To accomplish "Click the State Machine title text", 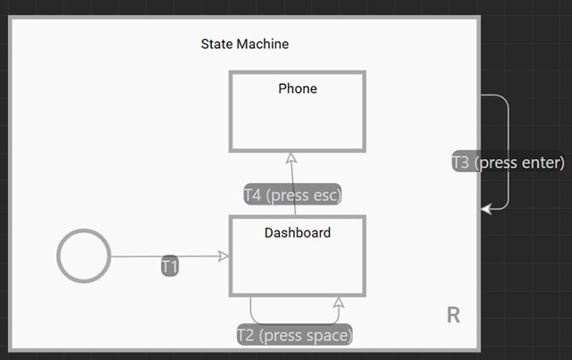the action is (x=245, y=44).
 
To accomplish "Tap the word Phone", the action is (x=298, y=88).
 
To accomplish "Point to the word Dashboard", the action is (x=298, y=233).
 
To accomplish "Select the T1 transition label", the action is (x=170, y=266).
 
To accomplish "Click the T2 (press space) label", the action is (x=295, y=335).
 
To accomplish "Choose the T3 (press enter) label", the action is (x=509, y=163).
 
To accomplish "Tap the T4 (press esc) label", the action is (x=292, y=195).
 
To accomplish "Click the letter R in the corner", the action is (x=453, y=315).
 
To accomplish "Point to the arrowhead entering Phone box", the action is (x=291, y=157).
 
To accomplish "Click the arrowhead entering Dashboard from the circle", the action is (x=223, y=256).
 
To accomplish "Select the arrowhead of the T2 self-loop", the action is (x=339, y=302).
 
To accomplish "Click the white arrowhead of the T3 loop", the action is (x=486, y=209).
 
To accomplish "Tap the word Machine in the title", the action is (x=263, y=44).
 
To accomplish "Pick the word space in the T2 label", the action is (x=327, y=336).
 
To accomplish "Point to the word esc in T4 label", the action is (x=325, y=196).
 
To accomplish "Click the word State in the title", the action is (x=217, y=44).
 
